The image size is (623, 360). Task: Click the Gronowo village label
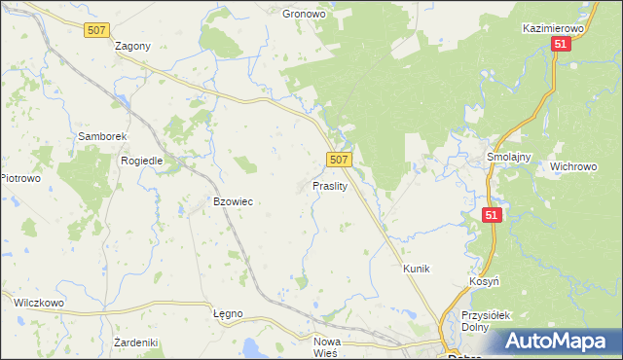[x=302, y=15]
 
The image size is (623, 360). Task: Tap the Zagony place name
[x=132, y=47]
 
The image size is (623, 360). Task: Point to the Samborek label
[x=98, y=137]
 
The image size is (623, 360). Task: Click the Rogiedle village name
[x=140, y=161]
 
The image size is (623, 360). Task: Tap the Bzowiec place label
[x=233, y=201]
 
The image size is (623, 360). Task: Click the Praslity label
[x=330, y=185]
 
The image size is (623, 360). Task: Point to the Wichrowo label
[x=572, y=166]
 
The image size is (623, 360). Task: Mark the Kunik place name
[x=416, y=268]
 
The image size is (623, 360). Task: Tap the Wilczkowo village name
[x=38, y=303]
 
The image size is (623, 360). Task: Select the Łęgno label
[x=227, y=314]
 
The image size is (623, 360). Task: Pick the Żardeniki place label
[x=135, y=342]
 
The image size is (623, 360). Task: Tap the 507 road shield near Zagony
[x=95, y=31]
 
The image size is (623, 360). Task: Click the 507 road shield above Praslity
[x=338, y=159]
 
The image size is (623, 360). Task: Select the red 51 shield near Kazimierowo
[x=560, y=45]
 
